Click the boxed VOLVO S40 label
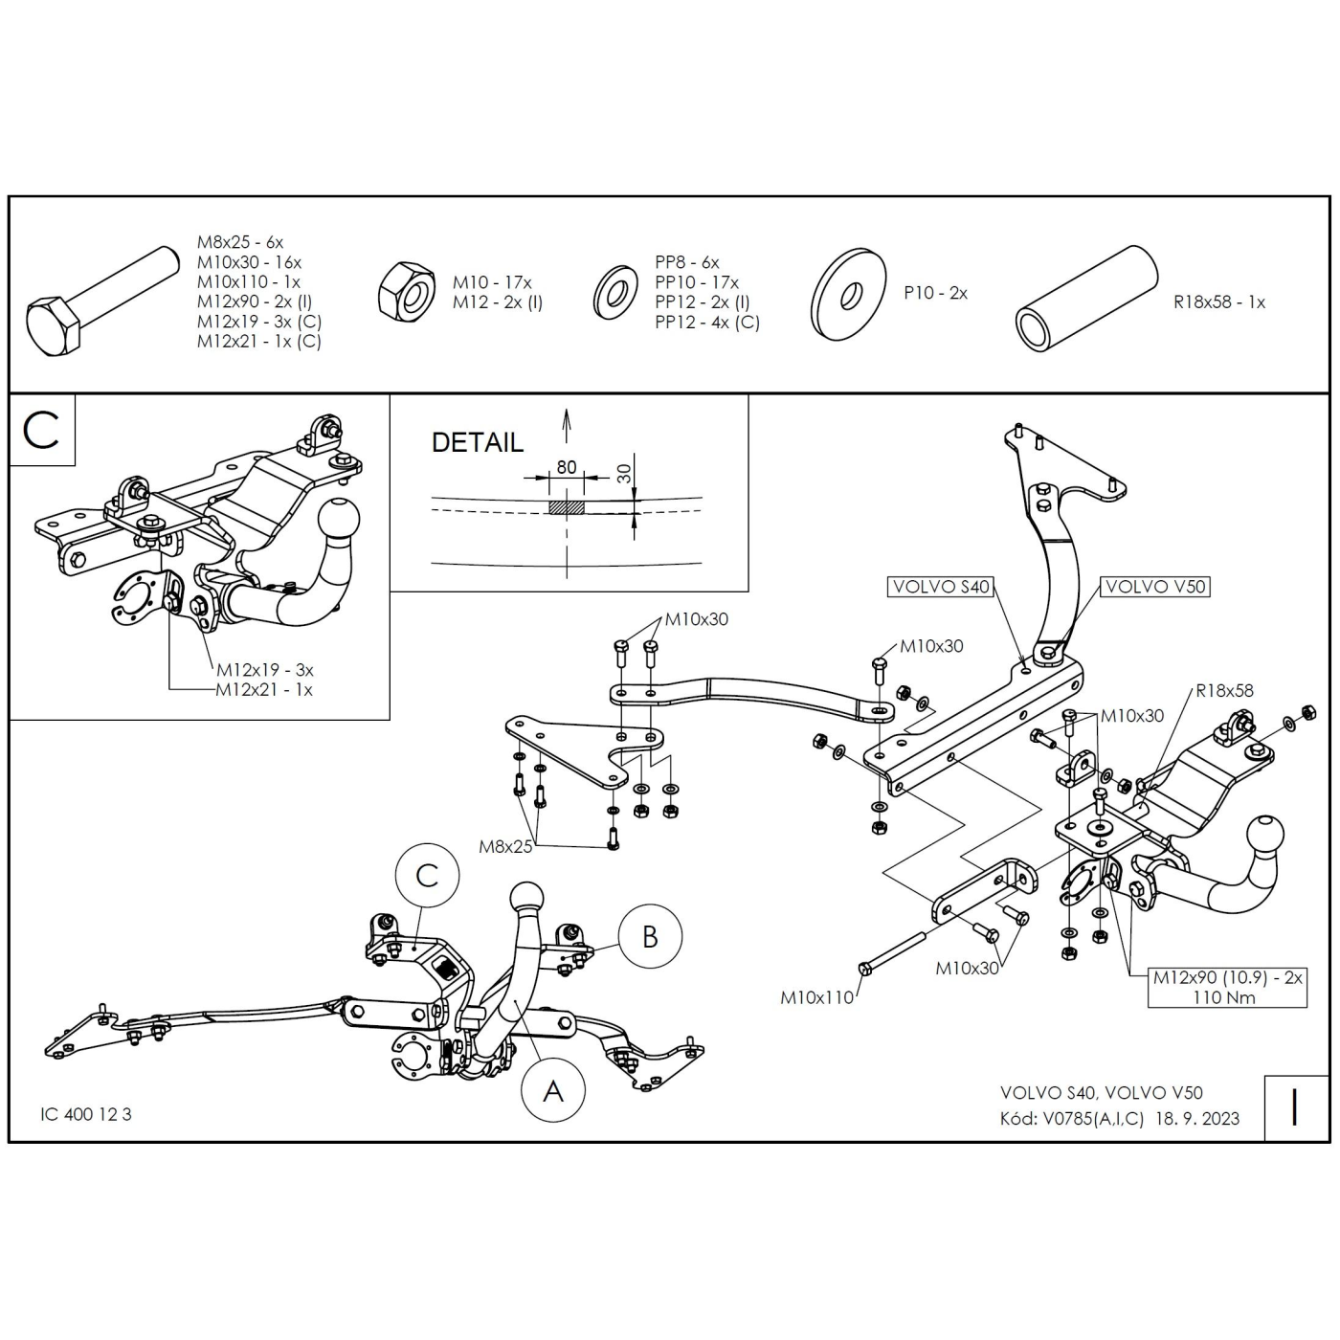[940, 587]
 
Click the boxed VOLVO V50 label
[1155, 587]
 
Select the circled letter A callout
[553, 1090]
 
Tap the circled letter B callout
[650, 937]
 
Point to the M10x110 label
[816, 998]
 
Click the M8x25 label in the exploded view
[505, 846]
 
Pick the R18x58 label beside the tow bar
[1224, 690]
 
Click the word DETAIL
[477, 443]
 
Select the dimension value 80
[567, 467]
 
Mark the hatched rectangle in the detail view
[567, 507]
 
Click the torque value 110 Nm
[1224, 998]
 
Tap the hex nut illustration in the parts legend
[407, 292]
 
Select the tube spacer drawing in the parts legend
[1086, 299]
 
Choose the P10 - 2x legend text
[935, 293]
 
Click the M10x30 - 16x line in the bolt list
[249, 262]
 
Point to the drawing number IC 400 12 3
[85, 1114]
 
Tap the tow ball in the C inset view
[339, 521]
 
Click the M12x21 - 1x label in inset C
[264, 690]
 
